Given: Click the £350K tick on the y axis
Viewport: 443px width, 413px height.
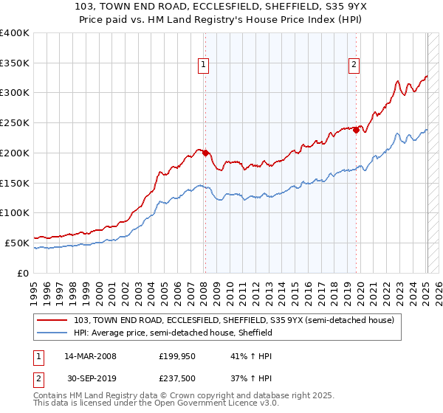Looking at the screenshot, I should tap(15, 63).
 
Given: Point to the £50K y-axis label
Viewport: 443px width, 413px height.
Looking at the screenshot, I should tap(17, 243).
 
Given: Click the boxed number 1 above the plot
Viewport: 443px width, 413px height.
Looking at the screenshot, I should tap(203, 65).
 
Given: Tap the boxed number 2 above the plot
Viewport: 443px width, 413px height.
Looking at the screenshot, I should tap(354, 65).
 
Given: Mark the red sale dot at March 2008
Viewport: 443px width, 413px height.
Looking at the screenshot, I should tap(206, 153).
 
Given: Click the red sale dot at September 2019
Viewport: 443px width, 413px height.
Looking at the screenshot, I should tap(357, 131).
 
